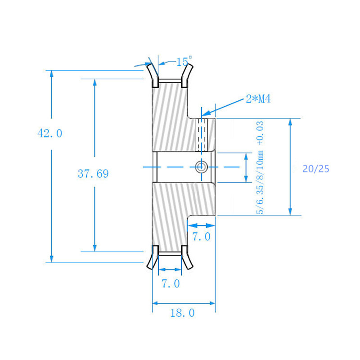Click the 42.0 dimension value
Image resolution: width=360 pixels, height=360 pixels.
pyautogui.click(x=50, y=134)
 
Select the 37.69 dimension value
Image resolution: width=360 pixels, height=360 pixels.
pyautogui.click(x=93, y=174)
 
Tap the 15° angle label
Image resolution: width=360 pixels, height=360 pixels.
pyautogui.click(x=184, y=62)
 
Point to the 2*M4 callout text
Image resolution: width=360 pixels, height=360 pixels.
pyautogui.click(x=258, y=99)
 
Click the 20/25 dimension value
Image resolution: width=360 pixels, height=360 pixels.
pyautogui.click(x=316, y=169)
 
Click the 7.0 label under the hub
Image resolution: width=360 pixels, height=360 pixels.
pyautogui.click(x=201, y=237)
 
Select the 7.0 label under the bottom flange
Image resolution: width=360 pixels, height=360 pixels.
pyautogui.click(x=171, y=283)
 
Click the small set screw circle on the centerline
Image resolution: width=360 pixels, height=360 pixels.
pyautogui.click(x=201, y=166)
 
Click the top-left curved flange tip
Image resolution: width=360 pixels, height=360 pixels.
pyautogui.click(x=149, y=68)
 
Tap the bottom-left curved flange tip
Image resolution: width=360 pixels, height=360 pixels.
pyautogui.click(x=149, y=265)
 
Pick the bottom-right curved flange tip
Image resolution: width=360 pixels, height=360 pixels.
pyautogui.click(x=190, y=265)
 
